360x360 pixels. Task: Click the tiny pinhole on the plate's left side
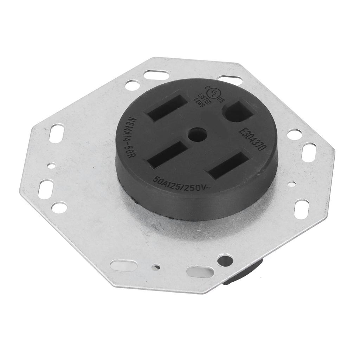click(x=52, y=165)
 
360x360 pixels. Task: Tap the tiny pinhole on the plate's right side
click(x=292, y=183)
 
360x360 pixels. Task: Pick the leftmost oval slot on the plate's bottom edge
click(x=123, y=265)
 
